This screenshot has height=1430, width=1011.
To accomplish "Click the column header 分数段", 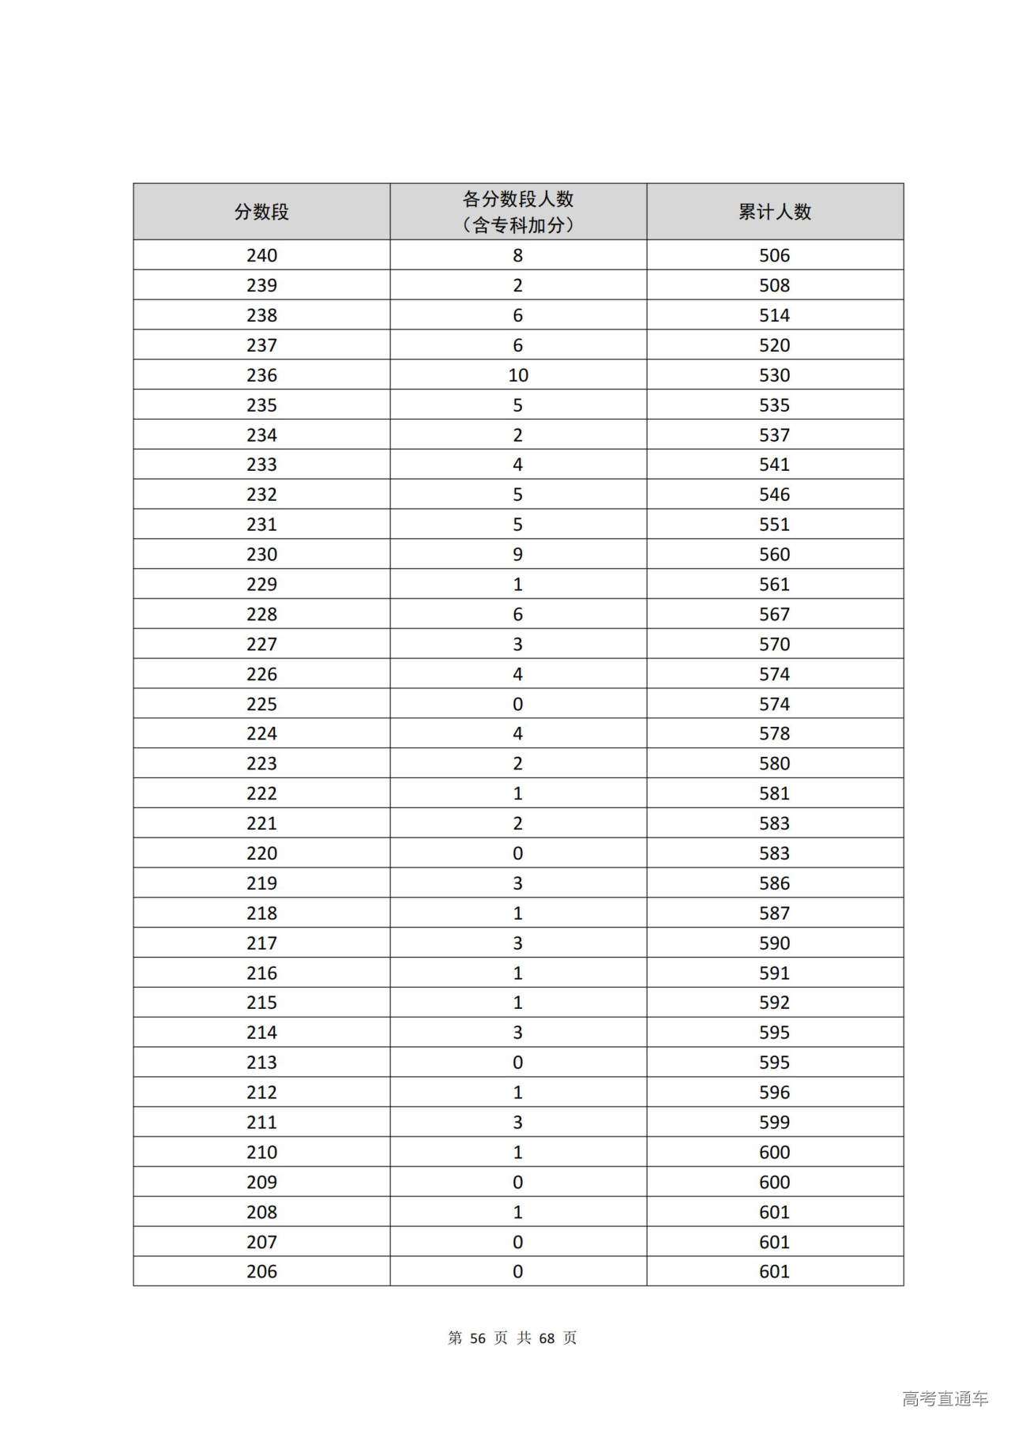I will point(261,212).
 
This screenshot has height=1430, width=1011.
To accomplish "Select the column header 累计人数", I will point(774,212).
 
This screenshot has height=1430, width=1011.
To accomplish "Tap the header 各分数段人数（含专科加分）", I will point(517,212).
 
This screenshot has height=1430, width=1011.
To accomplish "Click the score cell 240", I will point(261,255).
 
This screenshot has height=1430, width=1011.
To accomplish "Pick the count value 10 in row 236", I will point(517,375).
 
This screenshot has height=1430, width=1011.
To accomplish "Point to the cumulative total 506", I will point(774,255).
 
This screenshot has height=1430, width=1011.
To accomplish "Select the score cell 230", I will point(261,555).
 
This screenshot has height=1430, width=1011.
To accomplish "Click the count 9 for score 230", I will point(517,555).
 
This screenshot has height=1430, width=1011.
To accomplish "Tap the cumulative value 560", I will point(774,555).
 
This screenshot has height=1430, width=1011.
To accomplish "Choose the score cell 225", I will point(261,704).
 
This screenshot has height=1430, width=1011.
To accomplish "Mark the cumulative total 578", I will point(774,734).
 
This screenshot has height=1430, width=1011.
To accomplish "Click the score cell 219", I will point(261,883).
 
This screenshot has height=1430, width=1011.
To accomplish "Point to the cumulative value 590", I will point(774,943).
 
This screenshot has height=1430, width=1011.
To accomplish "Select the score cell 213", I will point(261,1063).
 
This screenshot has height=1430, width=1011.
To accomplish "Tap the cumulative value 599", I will point(774,1123).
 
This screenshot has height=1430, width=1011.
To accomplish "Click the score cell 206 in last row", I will point(261,1272).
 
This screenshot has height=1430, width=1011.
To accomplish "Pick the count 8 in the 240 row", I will point(517,255).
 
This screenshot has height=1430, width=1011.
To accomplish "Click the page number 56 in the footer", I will point(477,1338).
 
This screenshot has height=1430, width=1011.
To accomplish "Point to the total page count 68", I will point(547,1338).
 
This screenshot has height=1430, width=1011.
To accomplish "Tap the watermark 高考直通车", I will point(945,1399).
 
